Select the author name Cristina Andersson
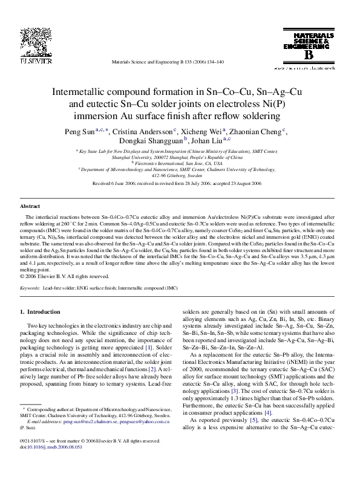pyautogui.click(x=142, y=131)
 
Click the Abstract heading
pyautogui.click(x=30, y=206)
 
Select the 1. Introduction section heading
pyautogui.click(x=41, y=312)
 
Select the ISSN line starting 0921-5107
pyautogui.click(x=91, y=458)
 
